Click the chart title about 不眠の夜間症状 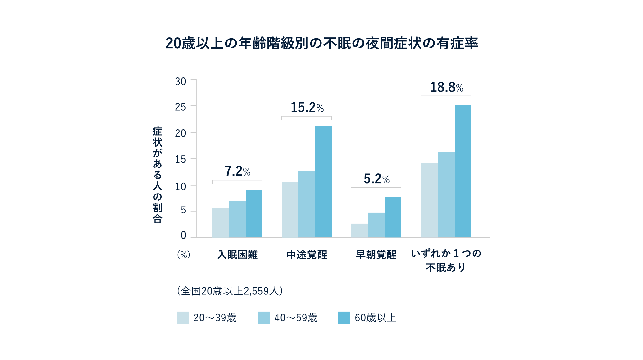pyautogui.click(x=321, y=43)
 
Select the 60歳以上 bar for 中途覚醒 pyautogui.click(x=323, y=182)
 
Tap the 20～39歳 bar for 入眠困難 pyautogui.click(x=220, y=223)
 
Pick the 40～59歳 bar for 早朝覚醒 pyautogui.click(x=376, y=225)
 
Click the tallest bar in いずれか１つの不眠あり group pyautogui.click(x=463, y=171)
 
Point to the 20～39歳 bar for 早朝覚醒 pyautogui.click(x=359, y=230)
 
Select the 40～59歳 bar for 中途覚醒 pyautogui.click(x=306, y=204)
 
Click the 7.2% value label pyautogui.click(x=237, y=171)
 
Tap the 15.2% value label pyautogui.click(x=307, y=107)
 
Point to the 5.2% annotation pyautogui.click(x=376, y=179)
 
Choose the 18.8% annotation pyautogui.click(x=447, y=87)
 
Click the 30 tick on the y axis pyautogui.click(x=180, y=82)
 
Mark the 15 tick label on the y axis pyautogui.click(x=180, y=159)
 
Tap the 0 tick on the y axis pyautogui.click(x=183, y=235)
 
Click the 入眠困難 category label pyautogui.click(x=237, y=255)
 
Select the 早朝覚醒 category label pyautogui.click(x=376, y=255)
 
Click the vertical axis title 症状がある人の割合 pyautogui.click(x=157, y=175)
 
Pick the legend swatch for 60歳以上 pyautogui.click(x=344, y=318)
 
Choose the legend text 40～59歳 pyautogui.click(x=296, y=318)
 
